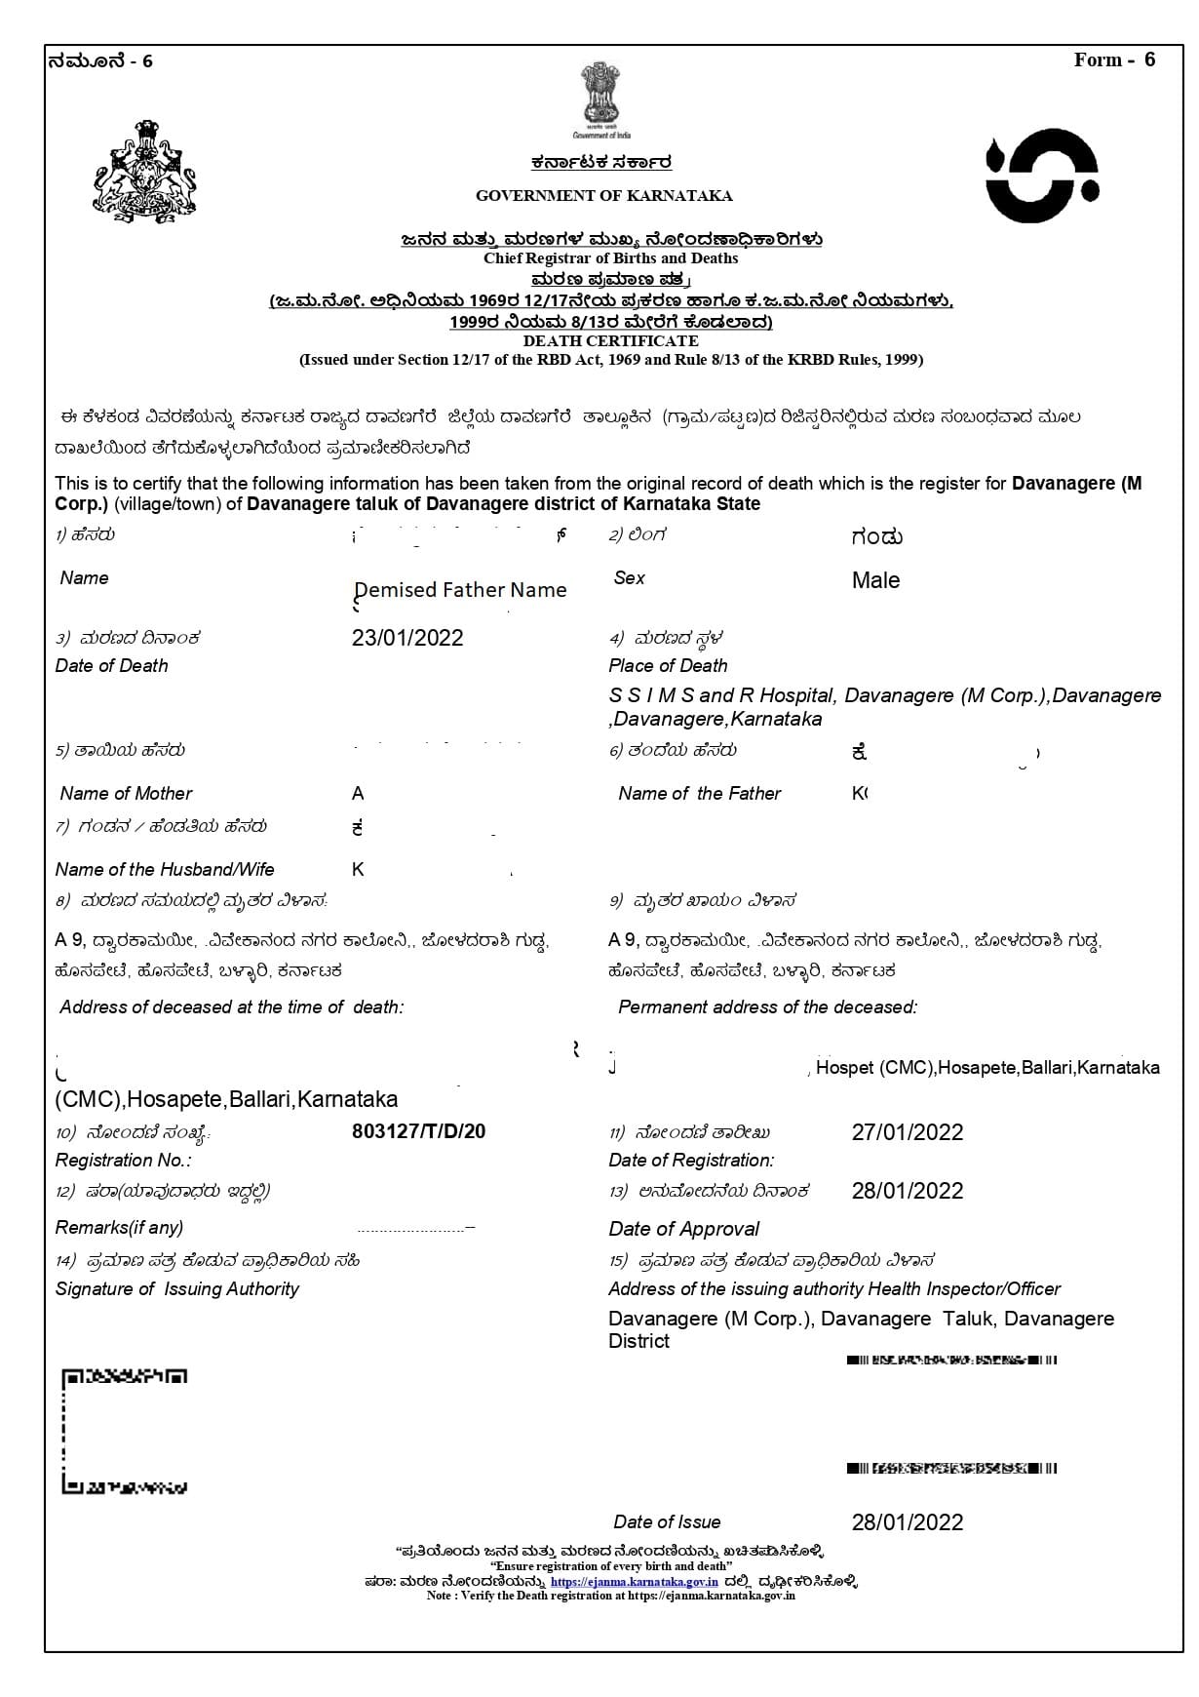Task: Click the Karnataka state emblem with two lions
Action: (145, 173)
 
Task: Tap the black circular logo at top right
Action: (1042, 176)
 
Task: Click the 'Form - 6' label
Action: (1114, 60)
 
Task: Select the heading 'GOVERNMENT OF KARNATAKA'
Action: (603, 196)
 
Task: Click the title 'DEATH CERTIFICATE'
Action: (610, 341)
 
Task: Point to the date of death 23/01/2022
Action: (407, 638)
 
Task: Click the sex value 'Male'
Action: (875, 580)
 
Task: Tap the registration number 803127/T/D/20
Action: (418, 1131)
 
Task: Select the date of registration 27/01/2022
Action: (907, 1132)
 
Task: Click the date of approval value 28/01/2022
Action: (907, 1191)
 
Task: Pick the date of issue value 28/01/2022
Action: (907, 1522)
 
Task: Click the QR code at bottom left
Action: (125, 1432)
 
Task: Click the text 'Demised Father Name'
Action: (460, 590)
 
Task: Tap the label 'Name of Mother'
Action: (126, 794)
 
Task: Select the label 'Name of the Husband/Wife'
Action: (165, 870)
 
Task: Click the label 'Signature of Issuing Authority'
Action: (177, 1289)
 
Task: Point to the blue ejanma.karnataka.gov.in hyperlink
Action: (634, 1582)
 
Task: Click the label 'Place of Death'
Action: (668, 666)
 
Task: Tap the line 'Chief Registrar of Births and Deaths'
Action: (610, 258)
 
